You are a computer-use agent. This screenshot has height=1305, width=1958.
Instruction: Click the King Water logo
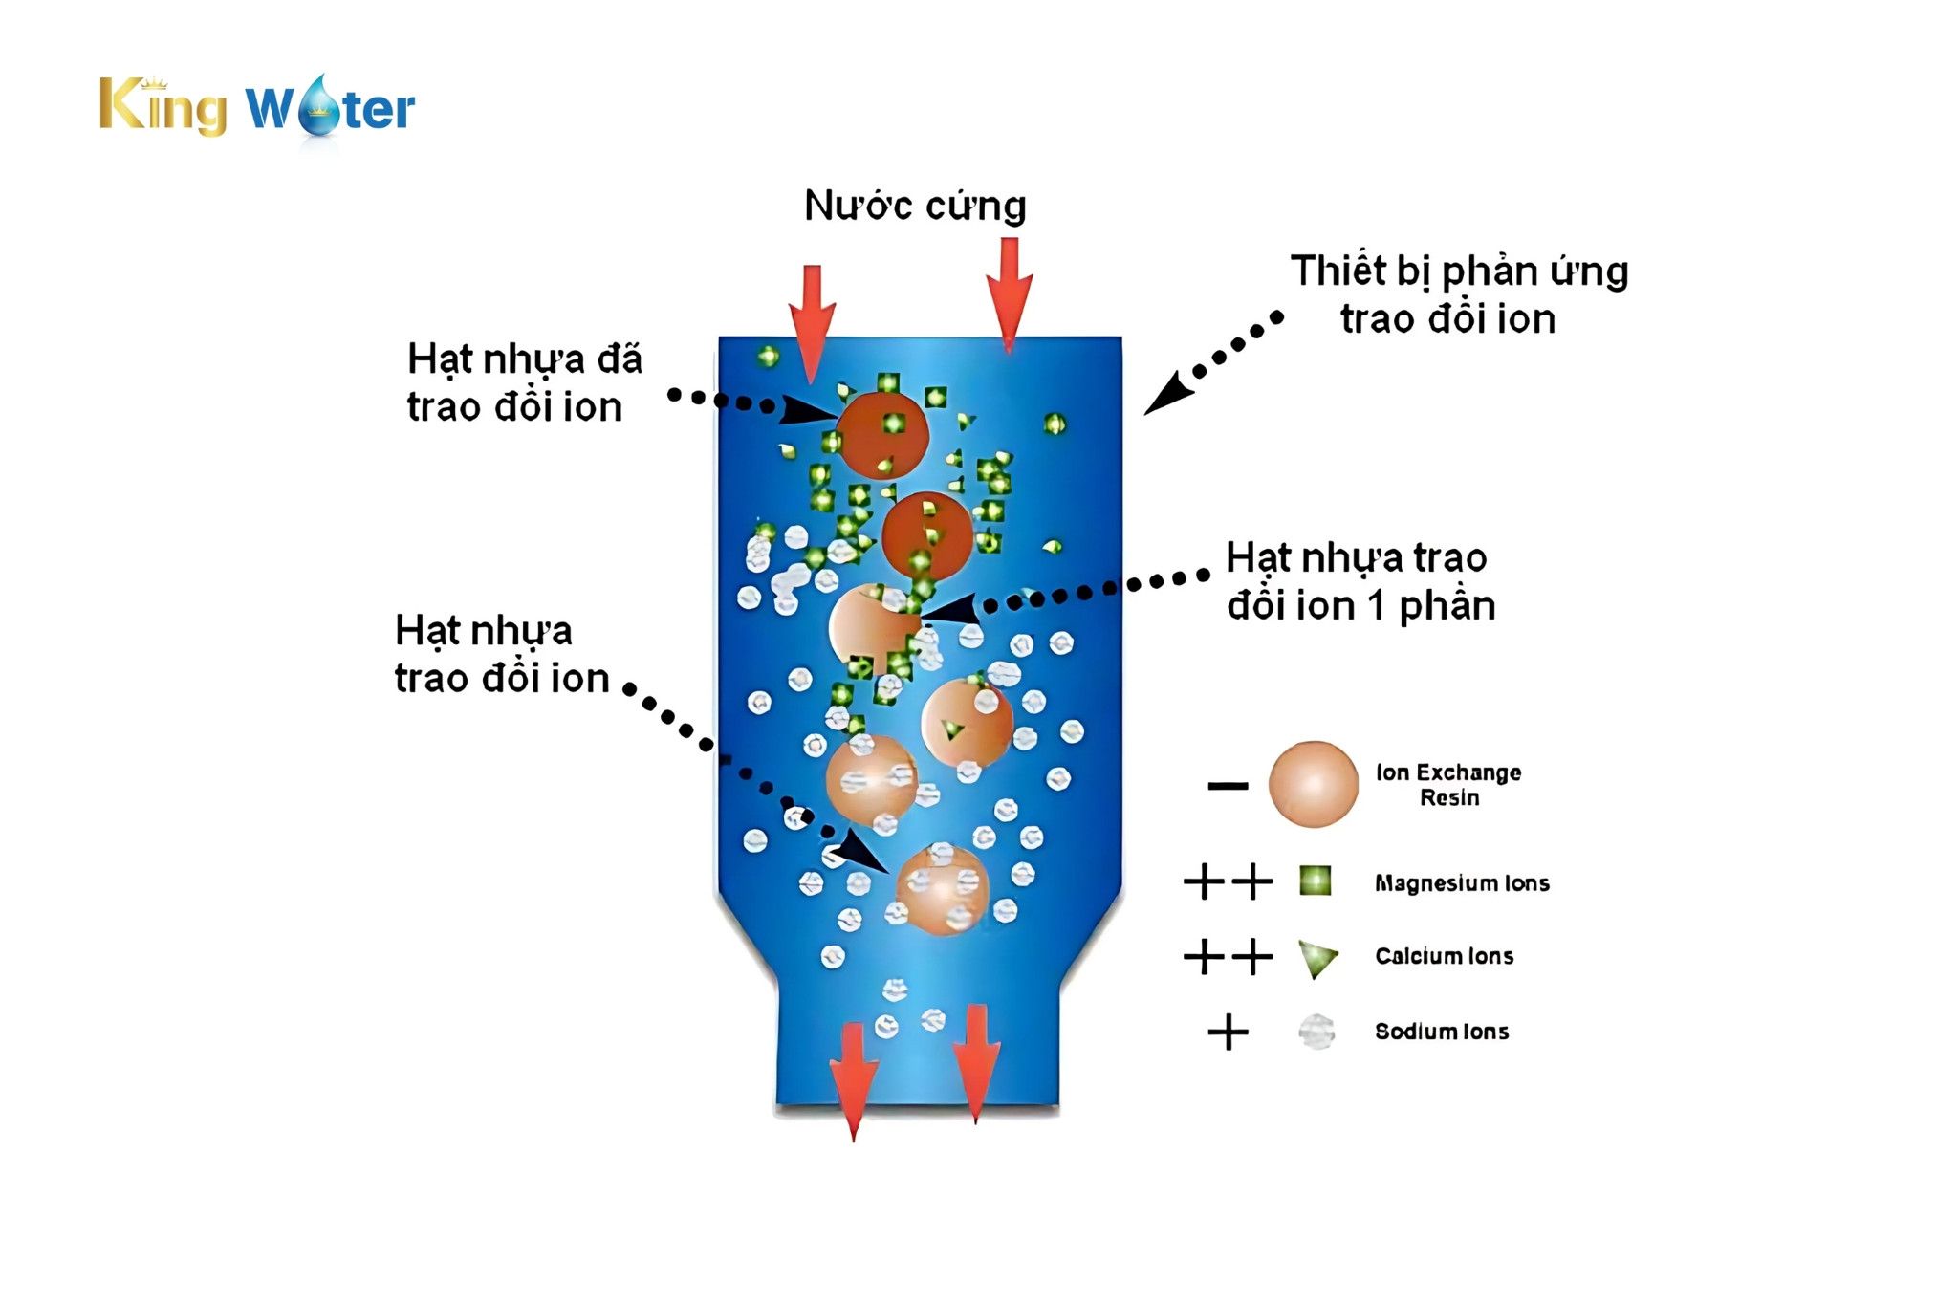tap(257, 107)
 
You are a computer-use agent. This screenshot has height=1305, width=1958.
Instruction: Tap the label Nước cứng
tap(915, 206)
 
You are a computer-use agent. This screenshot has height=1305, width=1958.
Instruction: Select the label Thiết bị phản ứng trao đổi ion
tap(1458, 294)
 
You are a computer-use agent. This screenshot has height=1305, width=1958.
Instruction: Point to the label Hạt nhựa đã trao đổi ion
tap(524, 382)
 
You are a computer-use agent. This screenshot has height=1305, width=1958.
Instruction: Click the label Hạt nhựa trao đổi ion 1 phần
tap(1360, 581)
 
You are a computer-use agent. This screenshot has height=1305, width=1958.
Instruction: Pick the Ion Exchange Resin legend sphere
tap(1313, 784)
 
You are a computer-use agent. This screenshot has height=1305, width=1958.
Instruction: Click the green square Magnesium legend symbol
tap(1316, 881)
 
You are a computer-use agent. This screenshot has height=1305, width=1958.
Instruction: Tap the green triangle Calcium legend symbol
tap(1316, 958)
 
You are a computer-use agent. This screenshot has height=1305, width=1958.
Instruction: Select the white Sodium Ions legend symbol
tap(1316, 1032)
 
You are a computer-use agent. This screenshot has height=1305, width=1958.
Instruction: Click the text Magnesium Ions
tap(1462, 883)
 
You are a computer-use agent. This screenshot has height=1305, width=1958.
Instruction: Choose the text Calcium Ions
tap(1444, 956)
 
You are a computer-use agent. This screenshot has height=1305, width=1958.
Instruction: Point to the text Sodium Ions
tap(1442, 1032)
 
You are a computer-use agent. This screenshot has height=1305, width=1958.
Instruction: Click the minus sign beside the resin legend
tap(1228, 786)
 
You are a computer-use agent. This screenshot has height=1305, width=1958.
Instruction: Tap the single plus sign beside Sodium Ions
tap(1228, 1033)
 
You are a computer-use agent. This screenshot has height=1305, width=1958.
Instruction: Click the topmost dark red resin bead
tap(884, 435)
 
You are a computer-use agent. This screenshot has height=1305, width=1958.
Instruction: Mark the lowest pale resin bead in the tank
tap(942, 889)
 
